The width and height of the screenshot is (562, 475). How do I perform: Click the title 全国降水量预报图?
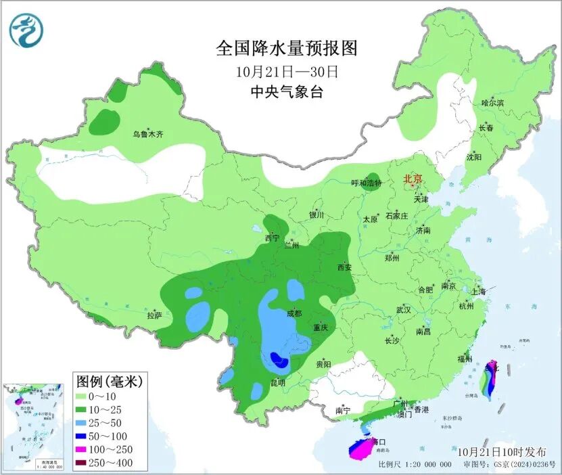click(286, 48)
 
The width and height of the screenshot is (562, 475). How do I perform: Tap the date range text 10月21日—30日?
click(287, 71)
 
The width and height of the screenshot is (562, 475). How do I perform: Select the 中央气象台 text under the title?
click(287, 93)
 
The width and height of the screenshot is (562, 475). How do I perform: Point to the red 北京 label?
click(413, 179)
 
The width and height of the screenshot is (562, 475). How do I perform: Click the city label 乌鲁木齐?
click(147, 135)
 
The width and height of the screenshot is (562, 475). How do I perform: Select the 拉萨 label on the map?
click(154, 315)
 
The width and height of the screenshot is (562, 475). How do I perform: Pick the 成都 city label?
click(294, 313)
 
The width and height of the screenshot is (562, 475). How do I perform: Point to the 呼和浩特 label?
click(367, 183)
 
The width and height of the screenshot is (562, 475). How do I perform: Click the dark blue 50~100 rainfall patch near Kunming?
click(278, 359)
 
